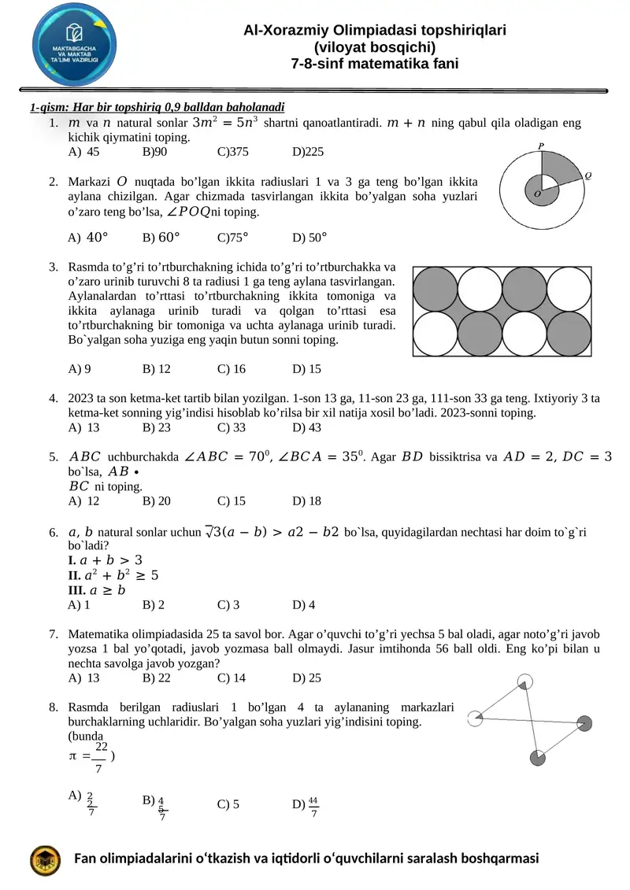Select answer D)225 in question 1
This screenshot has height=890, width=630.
pos(308,152)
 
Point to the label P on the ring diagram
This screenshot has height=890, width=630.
pos(540,146)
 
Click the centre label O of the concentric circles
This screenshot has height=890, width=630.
pos(537,193)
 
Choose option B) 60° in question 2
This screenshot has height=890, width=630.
pos(161,236)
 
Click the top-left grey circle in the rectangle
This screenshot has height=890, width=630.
pos(435,289)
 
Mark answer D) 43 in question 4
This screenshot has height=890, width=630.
pos(306,427)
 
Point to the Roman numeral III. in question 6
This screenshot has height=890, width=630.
pos(77,589)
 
